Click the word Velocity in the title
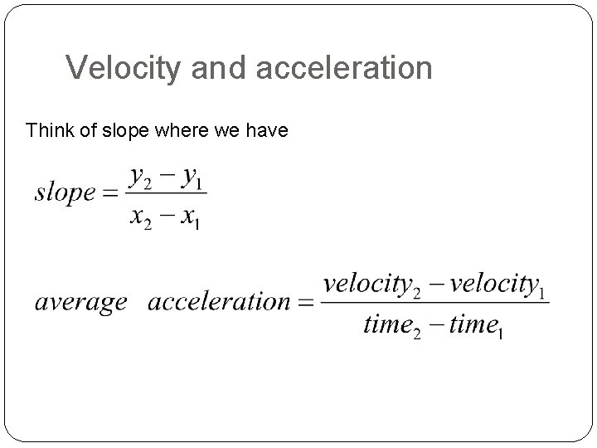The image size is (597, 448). [x=124, y=68]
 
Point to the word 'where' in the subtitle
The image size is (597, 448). [x=190, y=130]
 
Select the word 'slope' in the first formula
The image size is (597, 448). [x=65, y=193]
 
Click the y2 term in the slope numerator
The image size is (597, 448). [x=141, y=177]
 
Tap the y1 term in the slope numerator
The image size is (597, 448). [x=192, y=177]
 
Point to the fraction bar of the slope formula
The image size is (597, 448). [x=166, y=196]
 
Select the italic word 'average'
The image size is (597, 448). [x=80, y=302]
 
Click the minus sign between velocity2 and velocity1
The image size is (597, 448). [x=432, y=285]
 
